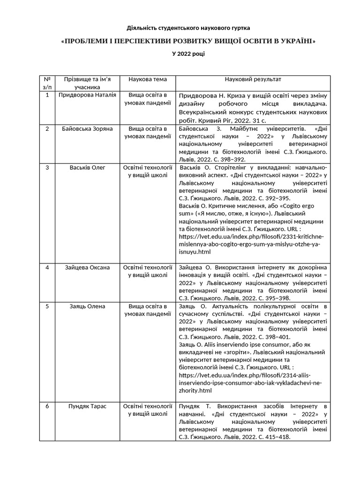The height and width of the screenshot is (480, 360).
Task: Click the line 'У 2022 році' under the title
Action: [188, 54]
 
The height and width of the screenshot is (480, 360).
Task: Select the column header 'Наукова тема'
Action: [148, 79]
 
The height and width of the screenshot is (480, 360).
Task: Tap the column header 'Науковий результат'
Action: [253, 79]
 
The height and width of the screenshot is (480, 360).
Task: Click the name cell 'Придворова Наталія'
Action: [87, 95]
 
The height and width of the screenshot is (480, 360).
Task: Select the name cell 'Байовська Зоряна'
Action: [87, 128]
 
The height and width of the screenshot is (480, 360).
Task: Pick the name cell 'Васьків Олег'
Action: [87, 167]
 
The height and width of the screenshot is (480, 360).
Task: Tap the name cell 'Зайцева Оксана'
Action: [87, 268]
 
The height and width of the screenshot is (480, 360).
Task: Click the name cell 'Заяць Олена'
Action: [87, 307]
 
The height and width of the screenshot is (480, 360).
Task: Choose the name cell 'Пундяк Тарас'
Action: [87, 406]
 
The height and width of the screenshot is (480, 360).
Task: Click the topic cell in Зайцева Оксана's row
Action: [148, 271]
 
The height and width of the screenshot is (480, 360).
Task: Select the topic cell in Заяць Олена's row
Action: [148, 310]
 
